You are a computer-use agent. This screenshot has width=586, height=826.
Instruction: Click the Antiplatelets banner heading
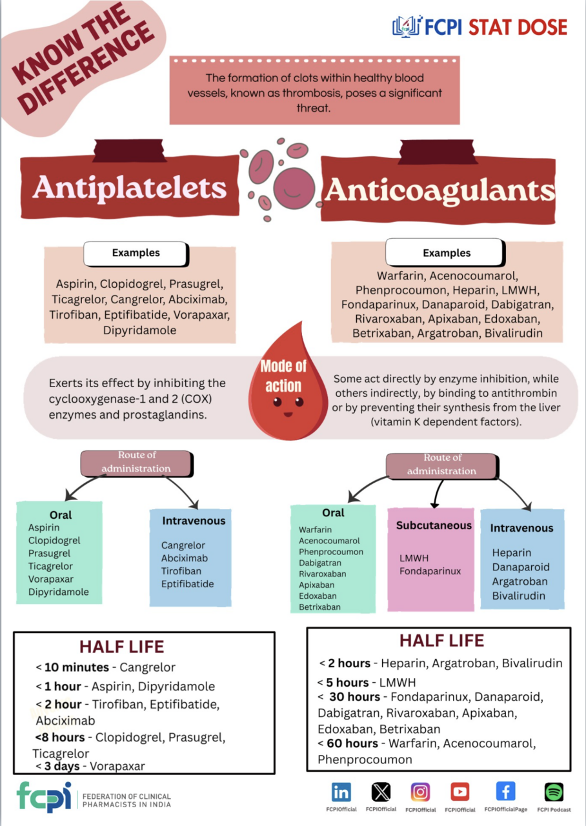click(130, 187)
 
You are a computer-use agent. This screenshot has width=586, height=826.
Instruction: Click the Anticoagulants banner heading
click(439, 190)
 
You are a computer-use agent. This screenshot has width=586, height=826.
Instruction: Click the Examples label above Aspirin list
click(136, 253)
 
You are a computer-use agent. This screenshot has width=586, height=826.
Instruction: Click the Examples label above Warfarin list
click(446, 253)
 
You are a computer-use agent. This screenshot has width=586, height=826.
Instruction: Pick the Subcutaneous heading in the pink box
click(434, 525)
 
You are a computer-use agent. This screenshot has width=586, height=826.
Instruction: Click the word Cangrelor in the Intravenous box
click(183, 545)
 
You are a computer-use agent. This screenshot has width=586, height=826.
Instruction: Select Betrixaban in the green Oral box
click(319, 607)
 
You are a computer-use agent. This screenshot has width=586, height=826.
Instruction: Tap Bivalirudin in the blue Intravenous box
click(518, 596)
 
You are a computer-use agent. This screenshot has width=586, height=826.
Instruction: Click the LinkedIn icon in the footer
click(341, 792)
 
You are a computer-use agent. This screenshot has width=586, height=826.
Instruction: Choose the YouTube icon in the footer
click(460, 792)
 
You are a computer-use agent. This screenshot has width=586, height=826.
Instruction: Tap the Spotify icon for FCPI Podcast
click(554, 792)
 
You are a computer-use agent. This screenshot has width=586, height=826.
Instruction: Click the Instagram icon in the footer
click(420, 792)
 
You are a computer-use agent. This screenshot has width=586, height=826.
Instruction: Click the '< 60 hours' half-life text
click(349, 743)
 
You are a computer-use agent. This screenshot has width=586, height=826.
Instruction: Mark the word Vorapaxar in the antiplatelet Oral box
click(51, 579)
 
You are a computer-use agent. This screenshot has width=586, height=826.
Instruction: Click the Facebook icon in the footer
click(505, 792)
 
